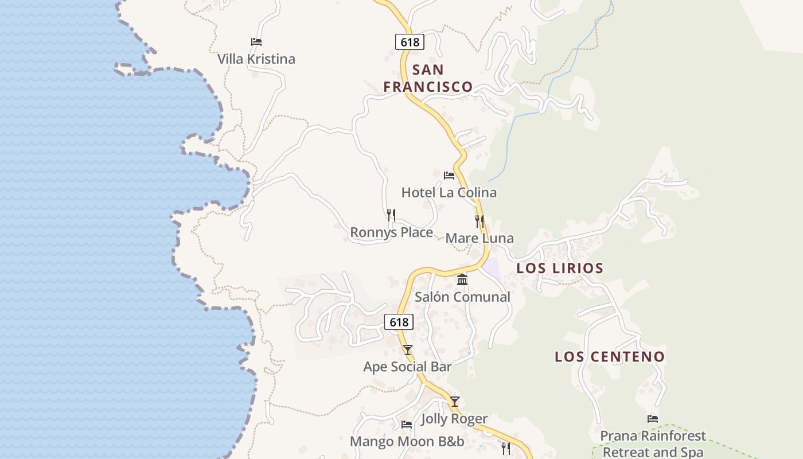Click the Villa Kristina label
point(256,59)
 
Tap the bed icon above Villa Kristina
point(256,42)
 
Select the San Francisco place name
point(428,79)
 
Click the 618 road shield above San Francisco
point(410,42)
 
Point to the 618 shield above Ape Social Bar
point(399,322)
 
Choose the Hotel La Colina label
point(449,192)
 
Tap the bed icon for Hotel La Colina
point(449,175)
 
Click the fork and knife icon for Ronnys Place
point(391,215)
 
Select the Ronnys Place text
point(391,232)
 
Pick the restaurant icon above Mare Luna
point(480,221)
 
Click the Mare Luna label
point(480,238)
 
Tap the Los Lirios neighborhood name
point(560,268)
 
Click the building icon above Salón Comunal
point(462,280)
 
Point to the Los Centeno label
point(610,356)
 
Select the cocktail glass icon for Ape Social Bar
point(408,349)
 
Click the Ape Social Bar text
point(408,367)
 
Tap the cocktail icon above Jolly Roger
point(455,402)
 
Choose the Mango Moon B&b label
point(407,441)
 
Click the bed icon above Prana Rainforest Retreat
point(653,419)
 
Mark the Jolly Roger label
point(454,419)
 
